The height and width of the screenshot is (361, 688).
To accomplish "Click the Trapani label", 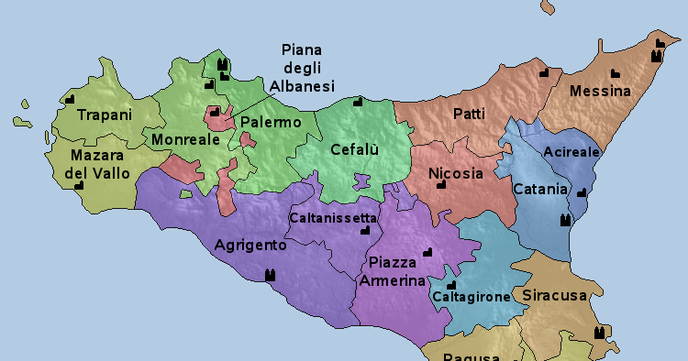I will (105, 115).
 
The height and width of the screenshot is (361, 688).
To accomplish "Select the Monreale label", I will (185, 139).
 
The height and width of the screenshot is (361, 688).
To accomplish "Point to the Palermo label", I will (271, 122).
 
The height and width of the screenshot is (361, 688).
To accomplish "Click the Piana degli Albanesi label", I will (302, 68).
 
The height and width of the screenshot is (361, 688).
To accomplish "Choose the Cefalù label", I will (355, 149).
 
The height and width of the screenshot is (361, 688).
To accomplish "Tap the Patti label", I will (469, 114).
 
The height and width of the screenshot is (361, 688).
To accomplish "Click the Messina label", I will (600, 92).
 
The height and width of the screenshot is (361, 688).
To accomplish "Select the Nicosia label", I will (455, 172).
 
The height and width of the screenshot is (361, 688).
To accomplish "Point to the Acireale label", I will (571, 151).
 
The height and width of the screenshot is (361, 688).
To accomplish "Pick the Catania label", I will (540, 190).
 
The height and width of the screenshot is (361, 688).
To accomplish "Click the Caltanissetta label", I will (332, 218).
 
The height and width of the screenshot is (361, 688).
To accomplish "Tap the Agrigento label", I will (250, 245).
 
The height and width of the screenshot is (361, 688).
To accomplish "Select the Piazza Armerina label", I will (392, 272).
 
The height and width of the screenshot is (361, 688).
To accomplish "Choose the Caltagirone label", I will (471, 298).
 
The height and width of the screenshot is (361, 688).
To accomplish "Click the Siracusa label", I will (554, 296).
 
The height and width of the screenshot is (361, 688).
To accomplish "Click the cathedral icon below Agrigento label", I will (270, 274).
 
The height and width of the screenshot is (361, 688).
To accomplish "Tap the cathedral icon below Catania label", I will (565, 220).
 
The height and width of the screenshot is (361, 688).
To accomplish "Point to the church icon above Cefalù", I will (358, 101).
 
